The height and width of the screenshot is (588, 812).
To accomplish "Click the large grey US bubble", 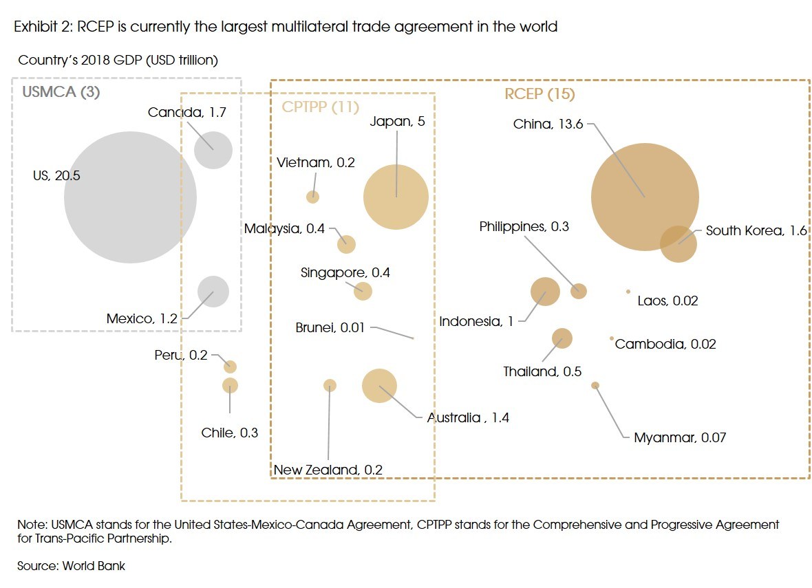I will click(x=130, y=197).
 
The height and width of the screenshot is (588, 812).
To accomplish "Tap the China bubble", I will click(x=645, y=197).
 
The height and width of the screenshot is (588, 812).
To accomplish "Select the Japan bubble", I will click(x=396, y=197).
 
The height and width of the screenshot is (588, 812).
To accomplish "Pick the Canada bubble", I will click(x=213, y=149).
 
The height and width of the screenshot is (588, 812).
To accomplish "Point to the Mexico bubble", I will click(x=213, y=292).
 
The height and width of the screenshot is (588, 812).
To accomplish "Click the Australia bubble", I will click(x=379, y=385).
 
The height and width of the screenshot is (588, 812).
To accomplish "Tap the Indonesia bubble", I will click(x=545, y=292).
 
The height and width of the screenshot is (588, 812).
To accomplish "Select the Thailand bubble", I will click(x=562, y=338).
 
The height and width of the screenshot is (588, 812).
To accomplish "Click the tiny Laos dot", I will click(x=628, y=292).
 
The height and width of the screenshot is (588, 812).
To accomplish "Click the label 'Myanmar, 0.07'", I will click(x=679, y=437).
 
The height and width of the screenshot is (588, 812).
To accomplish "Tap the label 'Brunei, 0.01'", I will click(x=330, y=328).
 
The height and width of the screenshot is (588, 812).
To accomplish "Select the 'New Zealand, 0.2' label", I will click(x=328, y=470).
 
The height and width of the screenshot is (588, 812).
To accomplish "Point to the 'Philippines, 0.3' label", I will click(x=524, y=227).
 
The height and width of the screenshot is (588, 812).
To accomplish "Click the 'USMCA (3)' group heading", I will click(x=61, y=92).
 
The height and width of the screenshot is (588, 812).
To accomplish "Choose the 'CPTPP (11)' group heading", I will click(x=321, y=107).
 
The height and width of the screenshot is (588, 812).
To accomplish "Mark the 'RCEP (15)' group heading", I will click(x=539, y=94).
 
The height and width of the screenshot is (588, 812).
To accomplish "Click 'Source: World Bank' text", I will click(x=71, y=566).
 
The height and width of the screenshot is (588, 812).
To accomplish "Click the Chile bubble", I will click(x=230, y=385).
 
